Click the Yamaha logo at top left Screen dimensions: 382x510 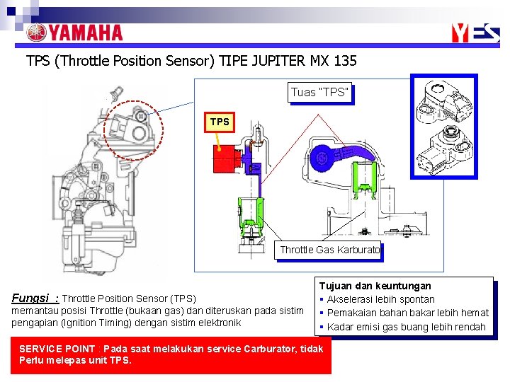tap(74, 33)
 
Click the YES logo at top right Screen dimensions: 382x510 tap(479, 33)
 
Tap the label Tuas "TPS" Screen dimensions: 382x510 tap(320, 93)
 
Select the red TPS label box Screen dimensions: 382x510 tap(220, 122)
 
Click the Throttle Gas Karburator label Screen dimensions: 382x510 tap(329, 250)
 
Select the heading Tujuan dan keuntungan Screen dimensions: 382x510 tap(375, 286)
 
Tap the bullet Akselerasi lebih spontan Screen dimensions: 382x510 tap(380, 299)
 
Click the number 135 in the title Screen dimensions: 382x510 tap(344, 61)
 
